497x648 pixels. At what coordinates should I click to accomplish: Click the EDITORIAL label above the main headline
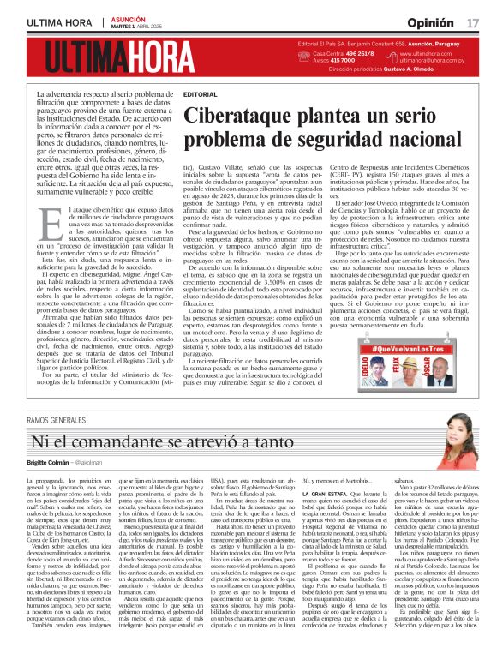point(201,93)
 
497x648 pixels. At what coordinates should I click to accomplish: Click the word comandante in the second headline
point(131,442)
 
